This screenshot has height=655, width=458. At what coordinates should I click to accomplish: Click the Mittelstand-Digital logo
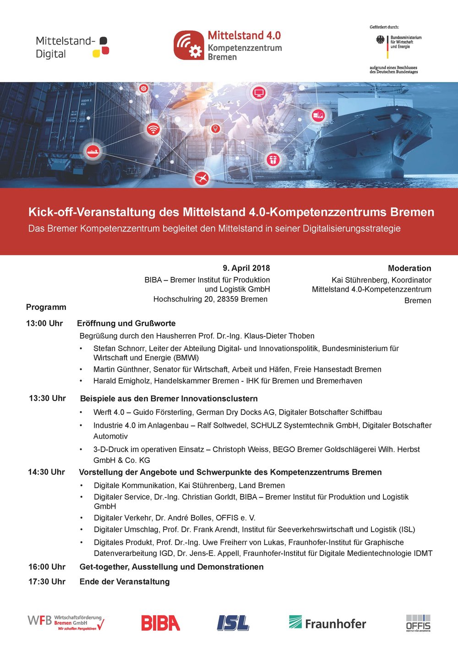pos(72,47)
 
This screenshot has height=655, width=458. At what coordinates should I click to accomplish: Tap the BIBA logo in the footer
pos(160,623)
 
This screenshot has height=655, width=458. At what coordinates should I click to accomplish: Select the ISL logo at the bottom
pos(233,623)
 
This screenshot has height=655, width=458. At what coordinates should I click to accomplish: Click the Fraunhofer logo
pos(327,623)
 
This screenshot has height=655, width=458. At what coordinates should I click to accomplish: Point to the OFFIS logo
pos(418,623)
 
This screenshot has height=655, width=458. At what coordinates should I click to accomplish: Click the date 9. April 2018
pos(246,268)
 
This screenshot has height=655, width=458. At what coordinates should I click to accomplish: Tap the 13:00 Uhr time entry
pos(44,323)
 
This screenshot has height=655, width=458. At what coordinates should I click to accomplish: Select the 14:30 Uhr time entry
pos(46,472)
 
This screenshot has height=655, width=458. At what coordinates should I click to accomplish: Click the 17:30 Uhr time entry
pos(47,581)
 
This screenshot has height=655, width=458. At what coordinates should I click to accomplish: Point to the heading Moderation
pos(409,268)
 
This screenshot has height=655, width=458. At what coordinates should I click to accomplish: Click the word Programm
pos(46,307)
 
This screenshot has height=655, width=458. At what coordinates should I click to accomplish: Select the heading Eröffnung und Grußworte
pos(126,323)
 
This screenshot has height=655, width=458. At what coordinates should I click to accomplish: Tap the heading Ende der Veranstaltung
pos(125,581)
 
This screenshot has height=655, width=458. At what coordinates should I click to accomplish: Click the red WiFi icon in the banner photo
pos(153,129)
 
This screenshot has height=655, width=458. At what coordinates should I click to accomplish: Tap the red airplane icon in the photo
pos(202,177)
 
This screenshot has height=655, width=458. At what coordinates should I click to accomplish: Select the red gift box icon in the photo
pos(273,160)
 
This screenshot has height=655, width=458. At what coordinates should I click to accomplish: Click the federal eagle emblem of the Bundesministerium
pos(380,40)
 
